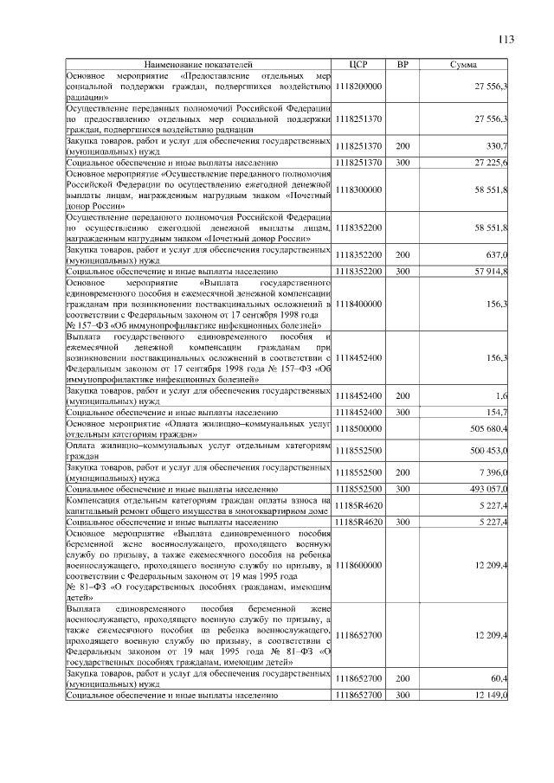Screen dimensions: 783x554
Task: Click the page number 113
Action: (x=506, y=38)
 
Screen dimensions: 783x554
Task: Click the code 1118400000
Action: (x=358, y=304)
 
